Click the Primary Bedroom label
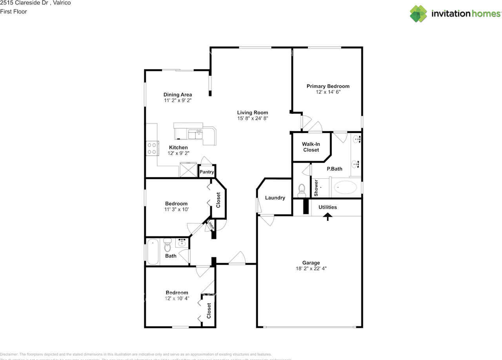328,86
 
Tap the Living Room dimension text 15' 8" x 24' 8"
253,118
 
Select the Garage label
311,263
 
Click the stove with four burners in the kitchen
152,148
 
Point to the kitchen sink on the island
195,135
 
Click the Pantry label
207,172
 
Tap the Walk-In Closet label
311,147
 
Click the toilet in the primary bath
302,191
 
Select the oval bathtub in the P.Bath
345,188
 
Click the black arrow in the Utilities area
327,216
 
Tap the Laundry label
275,198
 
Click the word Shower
316,188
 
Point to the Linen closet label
211,225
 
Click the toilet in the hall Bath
167,245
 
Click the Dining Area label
178,95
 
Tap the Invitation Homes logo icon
418,14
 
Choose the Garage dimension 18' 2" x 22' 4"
311,269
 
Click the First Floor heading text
14,11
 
